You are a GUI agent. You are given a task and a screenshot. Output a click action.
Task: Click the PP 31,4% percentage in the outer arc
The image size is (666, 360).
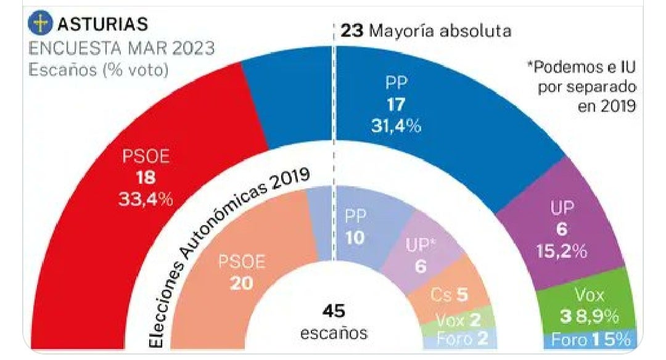(396, 126)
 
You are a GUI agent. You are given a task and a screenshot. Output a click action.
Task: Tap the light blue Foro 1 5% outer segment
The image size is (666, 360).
(590, 340)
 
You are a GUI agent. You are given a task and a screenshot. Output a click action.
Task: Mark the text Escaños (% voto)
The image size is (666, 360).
(99, 70)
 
